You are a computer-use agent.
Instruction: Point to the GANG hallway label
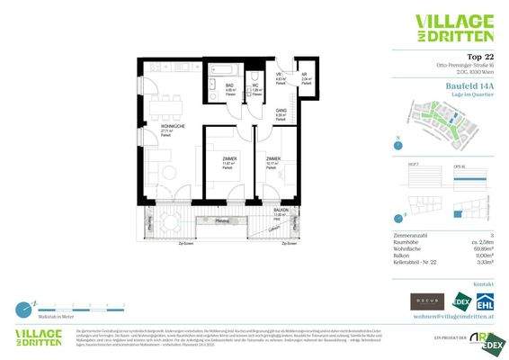pos(281,112)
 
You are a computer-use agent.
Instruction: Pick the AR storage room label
pos(305,76)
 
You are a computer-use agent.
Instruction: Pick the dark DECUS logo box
pos(426,301)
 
